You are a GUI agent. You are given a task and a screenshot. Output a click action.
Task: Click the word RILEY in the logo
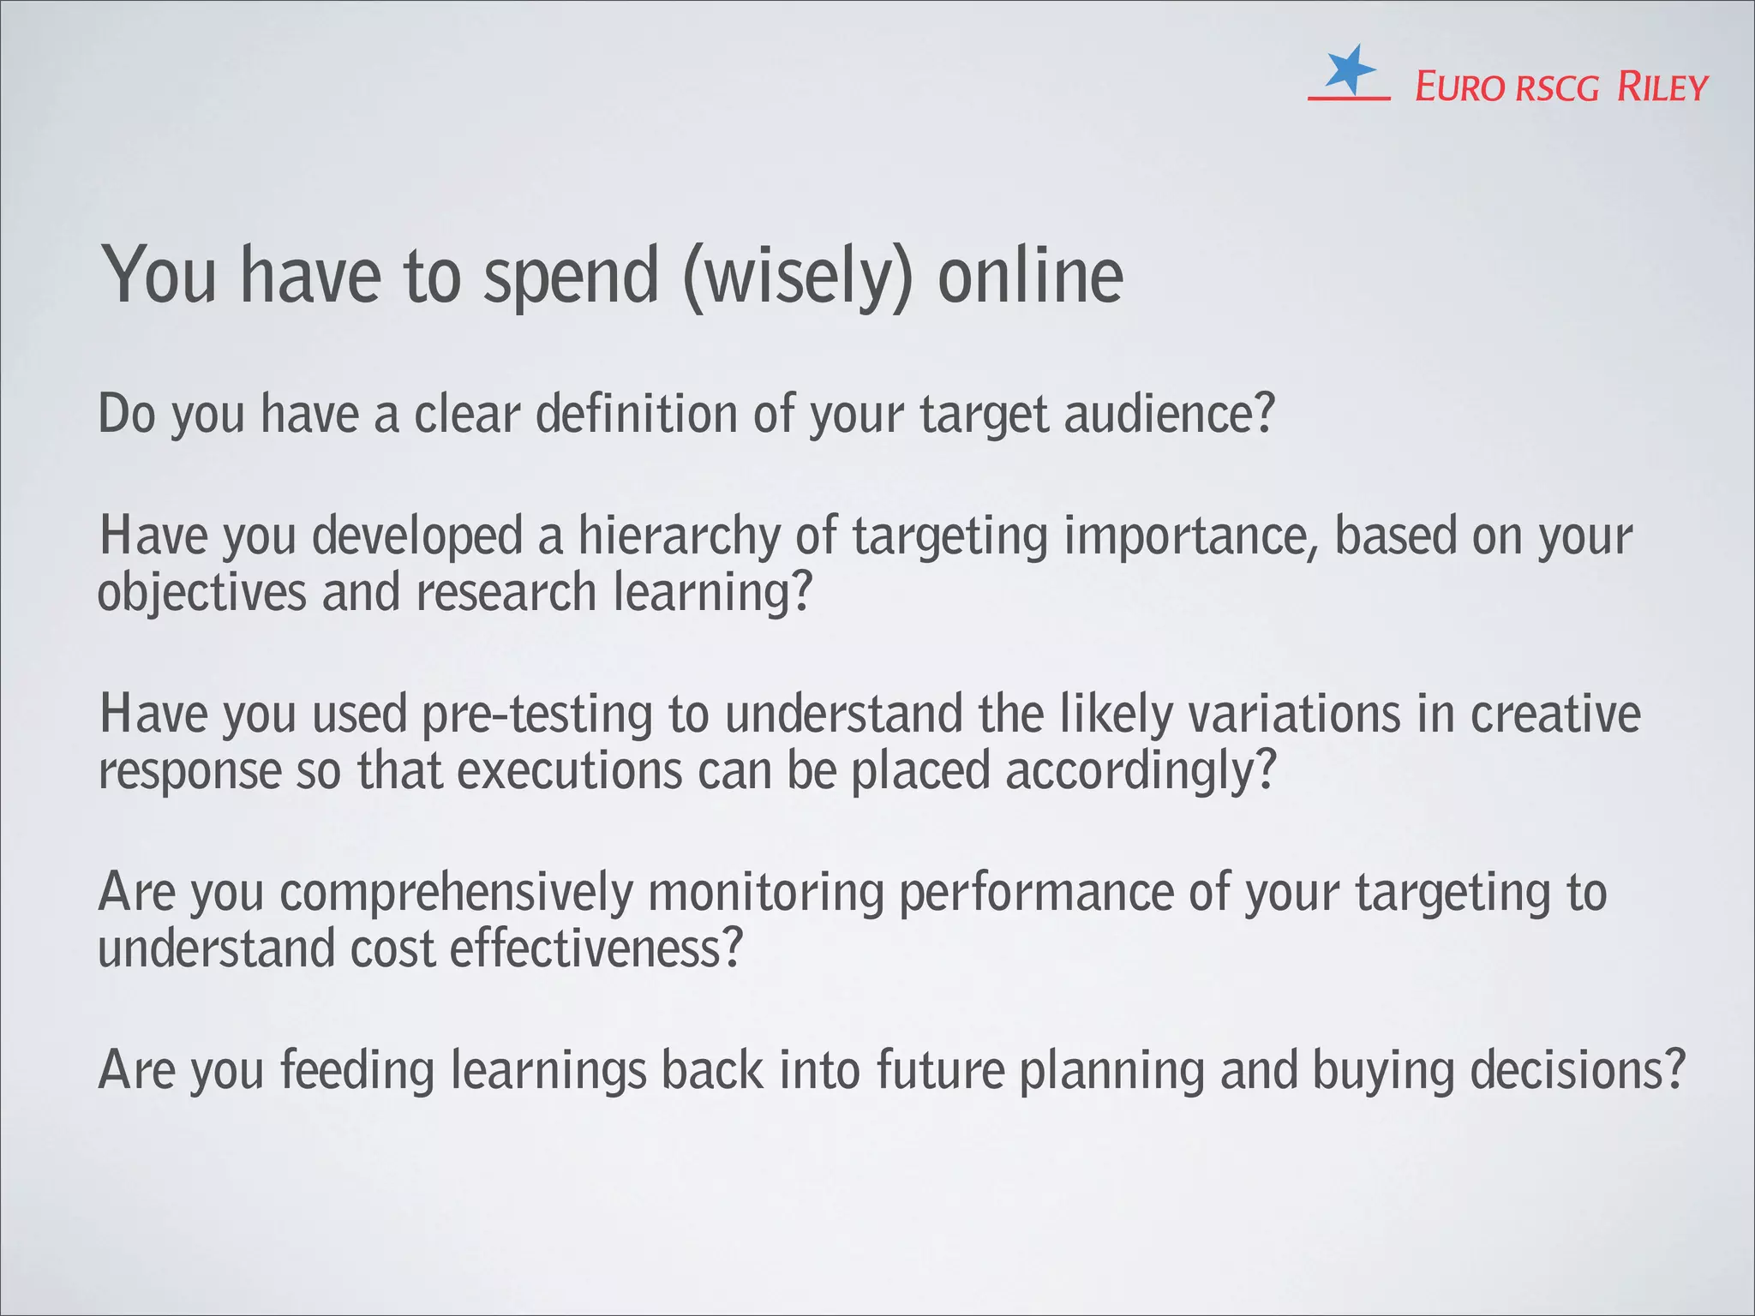tap(1662, 87)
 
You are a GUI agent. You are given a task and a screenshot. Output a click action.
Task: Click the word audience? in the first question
tap(1170, 414)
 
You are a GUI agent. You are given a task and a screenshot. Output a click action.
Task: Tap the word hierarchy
tap(680, 538)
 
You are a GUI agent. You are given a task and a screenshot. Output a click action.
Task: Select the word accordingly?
tap(1141, 771)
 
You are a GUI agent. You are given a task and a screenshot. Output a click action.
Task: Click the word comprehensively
tap(456, 894)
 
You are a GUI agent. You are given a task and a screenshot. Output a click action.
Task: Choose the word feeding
tap(357, 1071)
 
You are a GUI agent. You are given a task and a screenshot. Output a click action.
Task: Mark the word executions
tap(570, 771)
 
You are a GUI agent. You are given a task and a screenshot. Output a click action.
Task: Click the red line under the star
tap(1348, 99)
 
